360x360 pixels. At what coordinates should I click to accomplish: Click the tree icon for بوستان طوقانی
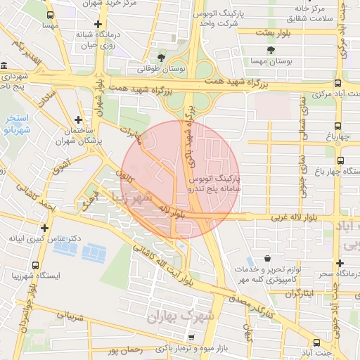click(x=162, y=58)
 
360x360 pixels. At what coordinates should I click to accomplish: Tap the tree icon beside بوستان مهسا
click(x=271, y=49)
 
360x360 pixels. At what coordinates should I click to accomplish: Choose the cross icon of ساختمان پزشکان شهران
click(x=78, y=120)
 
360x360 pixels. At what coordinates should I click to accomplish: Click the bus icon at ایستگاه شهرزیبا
click(x=35, y=265)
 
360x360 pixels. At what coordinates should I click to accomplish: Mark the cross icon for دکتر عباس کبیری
click(x=44, y=228)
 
